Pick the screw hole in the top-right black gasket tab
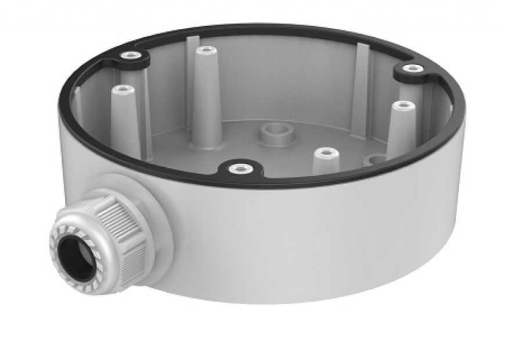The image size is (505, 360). [413, 69]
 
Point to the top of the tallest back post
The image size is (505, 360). [203, 51]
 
